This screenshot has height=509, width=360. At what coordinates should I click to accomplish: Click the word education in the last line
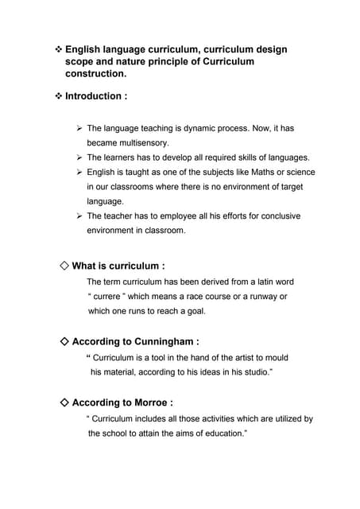222,433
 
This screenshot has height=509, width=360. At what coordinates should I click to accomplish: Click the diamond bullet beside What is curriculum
64,266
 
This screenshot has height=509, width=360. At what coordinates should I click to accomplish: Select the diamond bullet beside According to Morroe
64,402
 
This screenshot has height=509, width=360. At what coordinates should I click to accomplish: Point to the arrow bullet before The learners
79,157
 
